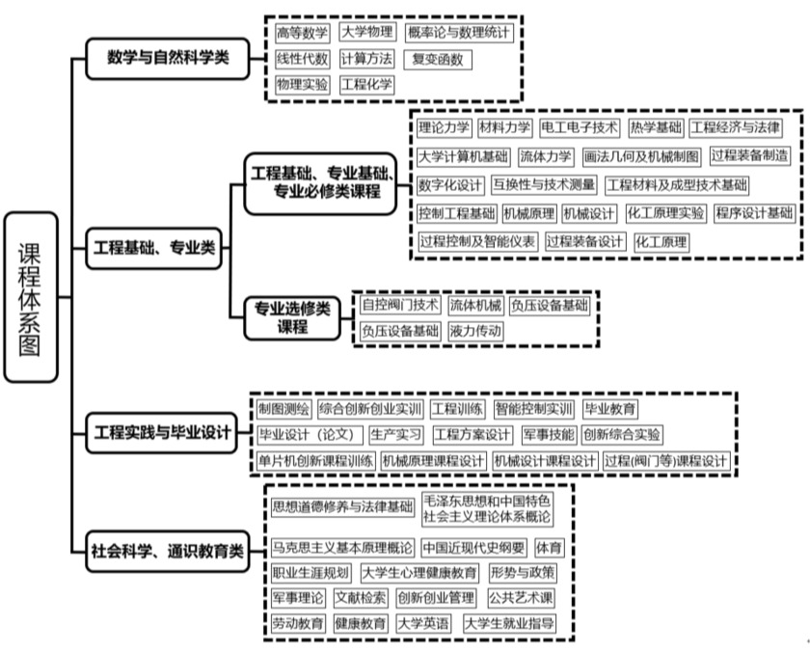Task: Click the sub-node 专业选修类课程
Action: [291, 316]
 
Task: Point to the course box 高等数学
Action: [302, 33]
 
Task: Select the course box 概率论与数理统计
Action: [459, 33]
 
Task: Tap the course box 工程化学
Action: [366, 85]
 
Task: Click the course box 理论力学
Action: [444, 127]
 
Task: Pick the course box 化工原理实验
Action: [665, 213]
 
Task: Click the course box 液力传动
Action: [475, 331]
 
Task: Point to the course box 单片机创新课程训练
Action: [315, 461]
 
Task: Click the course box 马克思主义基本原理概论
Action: [341, 548]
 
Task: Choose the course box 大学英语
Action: [423, 624]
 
